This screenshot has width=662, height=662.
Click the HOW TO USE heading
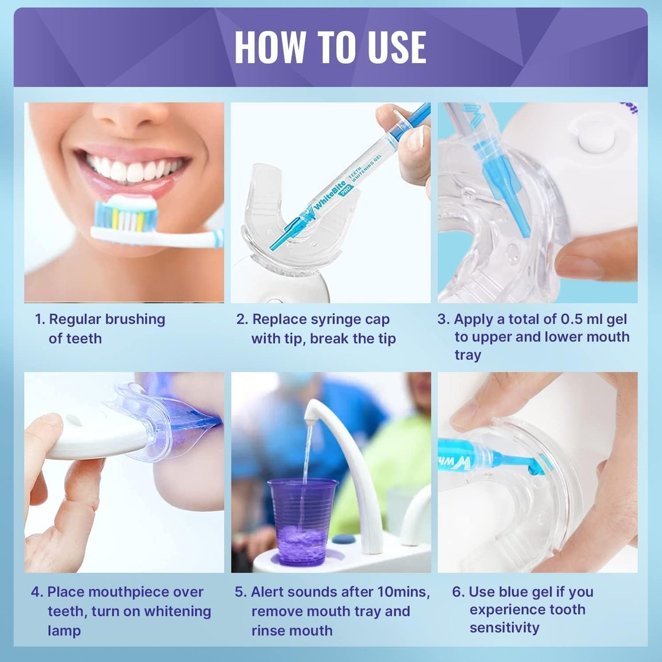pyautogui.click(x=330, y=47)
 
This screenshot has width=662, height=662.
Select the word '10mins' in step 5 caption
pyautogui.click(x=403, y=592)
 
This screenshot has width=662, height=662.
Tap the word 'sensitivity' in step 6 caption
pyautogui.click(x=504, y=628)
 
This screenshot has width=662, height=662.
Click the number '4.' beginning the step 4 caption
pyautogui.click(x=37, y=592)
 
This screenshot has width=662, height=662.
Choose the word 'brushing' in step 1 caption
pyautogui.click(x=134, y=319)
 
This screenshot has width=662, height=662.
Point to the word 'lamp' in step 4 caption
pyautogui.click(x=64, y=631)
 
